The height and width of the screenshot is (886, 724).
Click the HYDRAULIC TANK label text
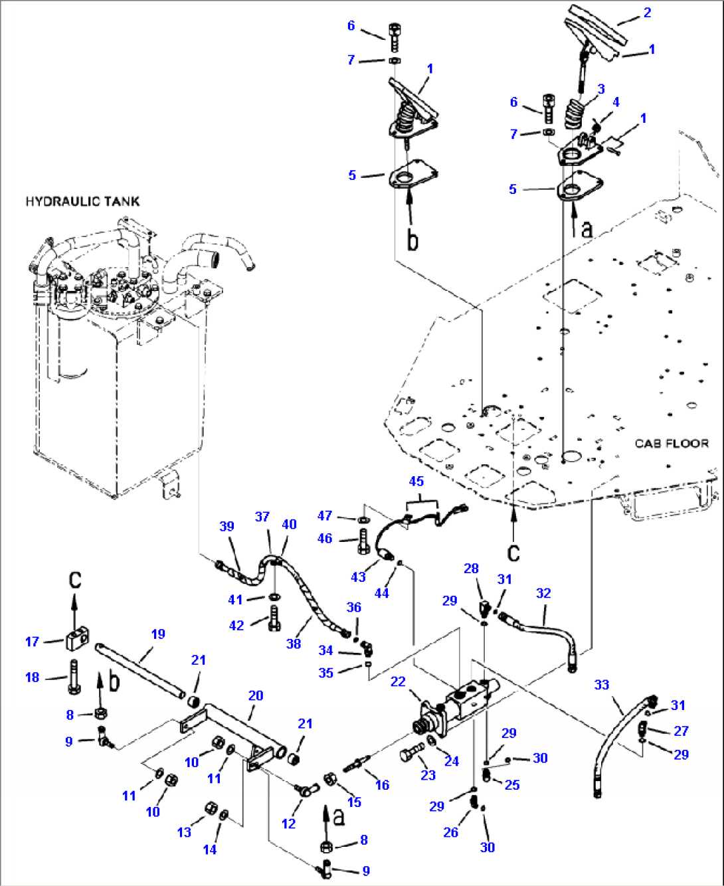[x=82, y=201]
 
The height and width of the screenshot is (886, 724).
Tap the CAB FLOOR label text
[x=671, y=443]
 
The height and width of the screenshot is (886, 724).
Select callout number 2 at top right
[x=647, y=13]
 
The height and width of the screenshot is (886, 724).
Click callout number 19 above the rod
[x=157, y=634]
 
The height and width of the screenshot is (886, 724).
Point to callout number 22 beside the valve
[x=398, y=682]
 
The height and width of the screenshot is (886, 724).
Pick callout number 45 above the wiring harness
[x=416, y=481]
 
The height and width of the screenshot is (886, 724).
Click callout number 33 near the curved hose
[x=601, y=684]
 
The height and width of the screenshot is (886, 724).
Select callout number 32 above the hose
[x=543, y=593]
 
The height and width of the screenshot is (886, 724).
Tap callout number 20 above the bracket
[x=256, y=695]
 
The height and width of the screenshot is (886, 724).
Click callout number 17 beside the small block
[x=32, y=642]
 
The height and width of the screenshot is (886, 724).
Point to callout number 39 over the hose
[x=226, y=526]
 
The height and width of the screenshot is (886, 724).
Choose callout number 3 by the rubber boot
[x=600, y=89]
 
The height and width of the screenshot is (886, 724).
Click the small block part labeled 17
[x=75, y=642]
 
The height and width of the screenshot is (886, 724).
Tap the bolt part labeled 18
[x=73, y=677]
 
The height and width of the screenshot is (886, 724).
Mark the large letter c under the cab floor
[x=513, y=551]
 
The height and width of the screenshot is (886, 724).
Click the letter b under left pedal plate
[x=412, y=240]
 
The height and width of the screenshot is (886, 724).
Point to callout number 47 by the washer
[x=324, y=516]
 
